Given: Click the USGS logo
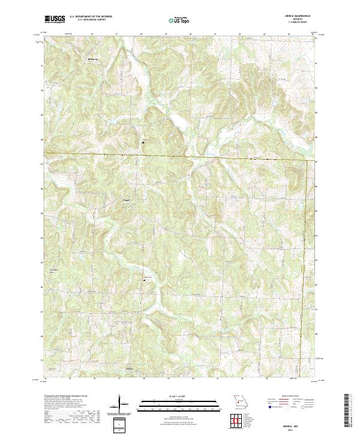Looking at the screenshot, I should point(55,19).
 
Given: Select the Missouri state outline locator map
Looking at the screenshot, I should point(239,401).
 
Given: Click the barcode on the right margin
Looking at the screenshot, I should point(347,409).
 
